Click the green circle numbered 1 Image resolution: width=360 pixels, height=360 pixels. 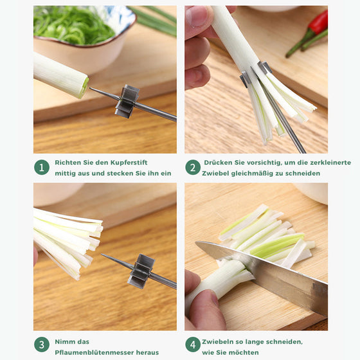point(42,167)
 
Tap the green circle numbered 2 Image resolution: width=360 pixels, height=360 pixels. point(193,167)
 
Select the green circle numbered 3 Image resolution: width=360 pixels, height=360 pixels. point(42,345)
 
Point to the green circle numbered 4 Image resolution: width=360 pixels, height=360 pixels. point(193,345)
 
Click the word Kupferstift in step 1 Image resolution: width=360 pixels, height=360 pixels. point(129,163)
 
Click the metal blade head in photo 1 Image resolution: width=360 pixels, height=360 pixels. point(127,102)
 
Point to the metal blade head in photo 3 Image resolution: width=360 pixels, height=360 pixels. point(141,271)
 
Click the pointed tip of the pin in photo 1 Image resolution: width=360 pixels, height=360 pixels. point(90,87)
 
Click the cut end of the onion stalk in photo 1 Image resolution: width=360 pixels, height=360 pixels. point(84,87)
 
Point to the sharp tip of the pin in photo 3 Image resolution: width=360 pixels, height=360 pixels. point(102,255)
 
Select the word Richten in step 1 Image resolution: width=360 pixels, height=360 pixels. point(68,163)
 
